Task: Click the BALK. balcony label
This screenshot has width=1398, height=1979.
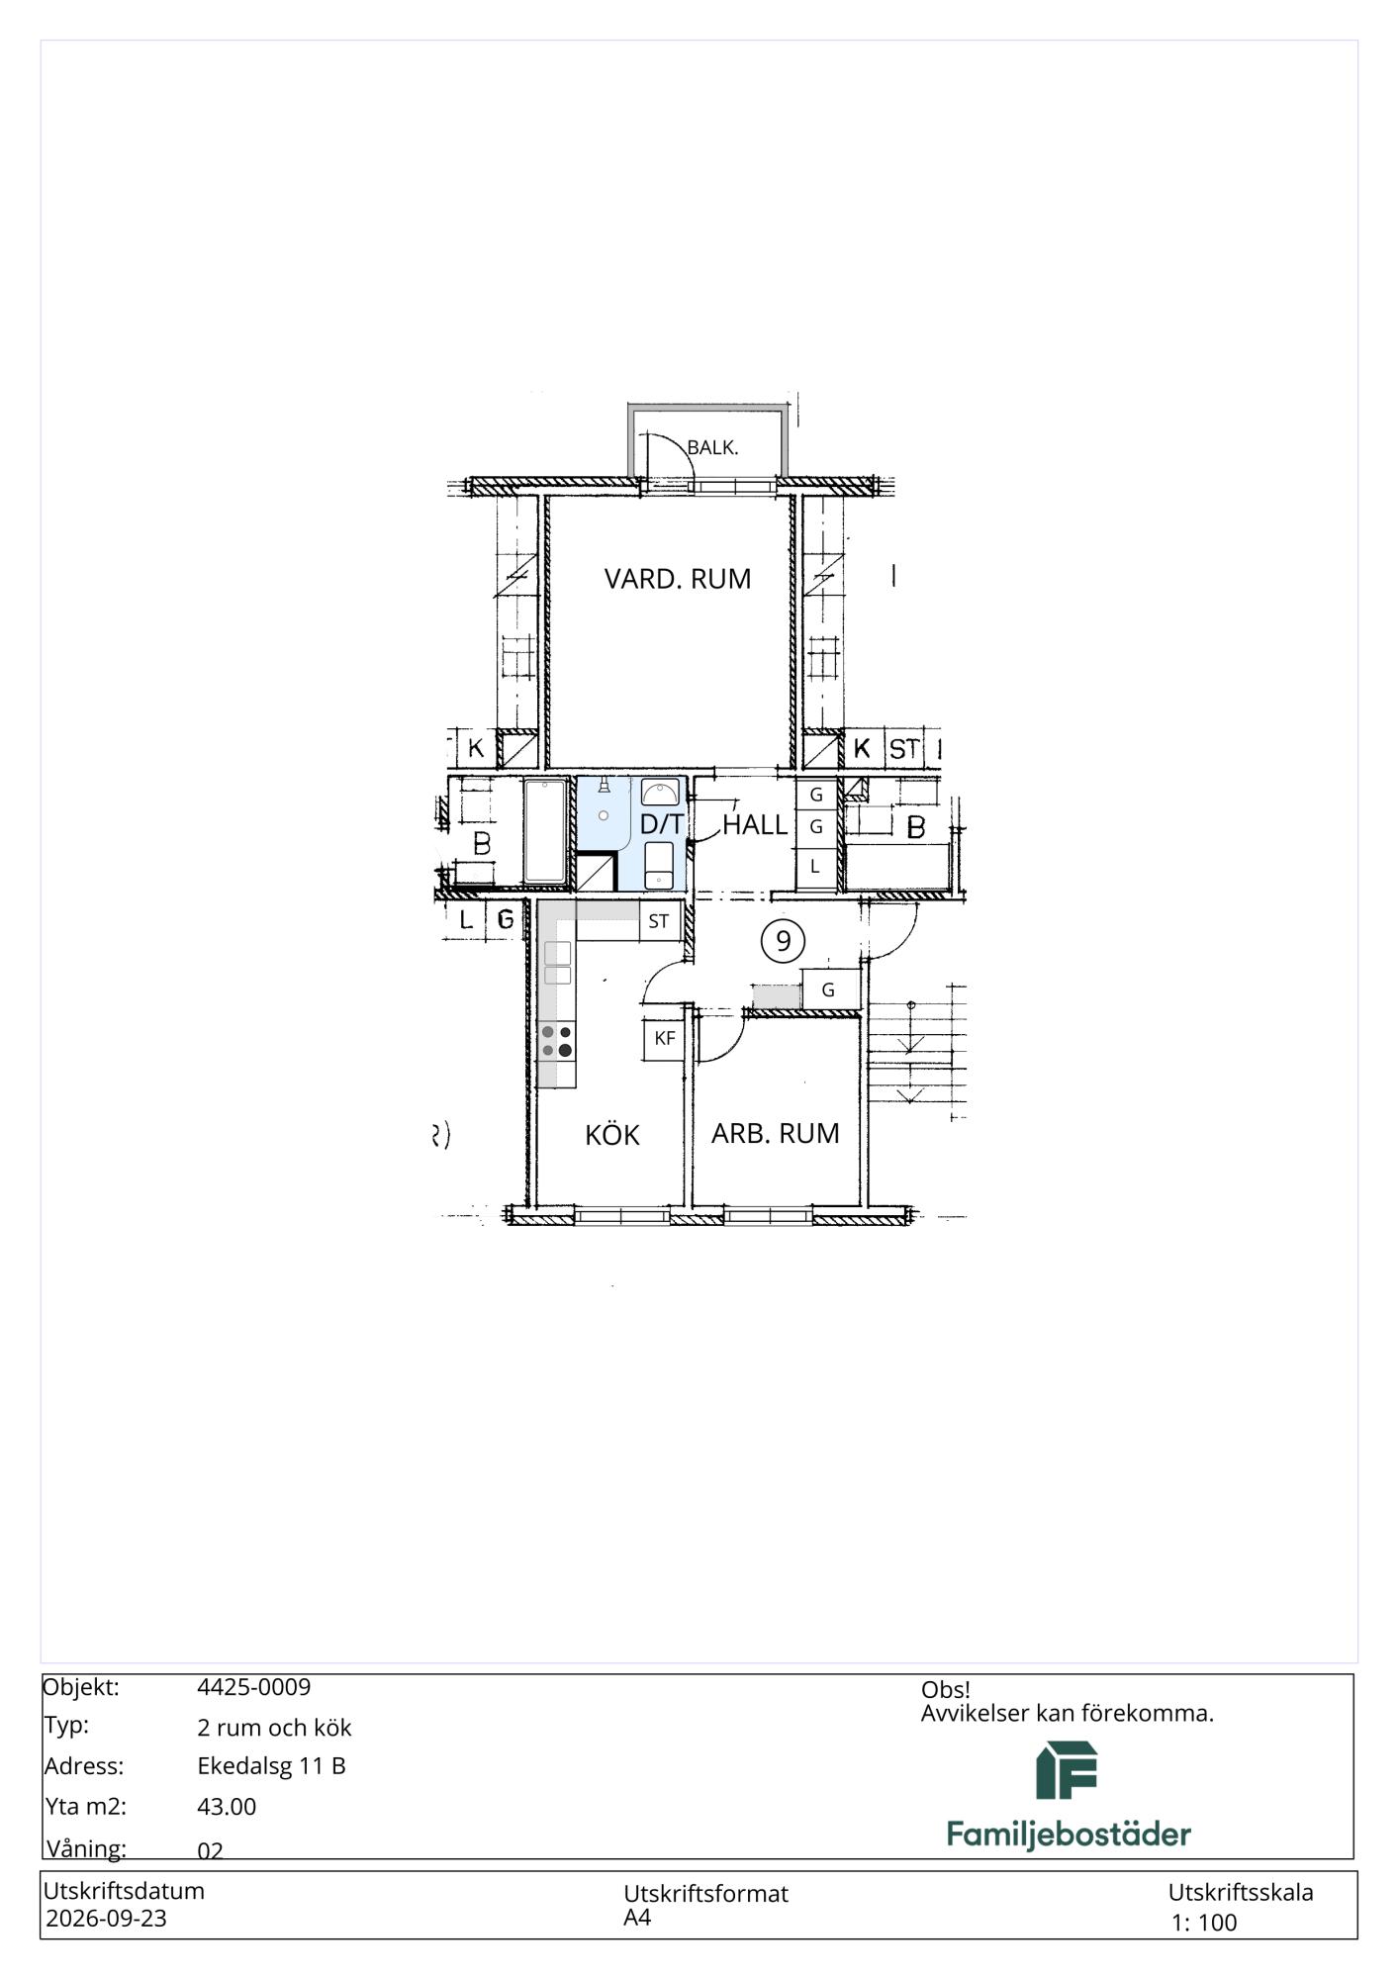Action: point(712,447)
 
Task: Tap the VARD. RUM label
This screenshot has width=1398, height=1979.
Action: point(678,579)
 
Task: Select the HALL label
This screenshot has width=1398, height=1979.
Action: point(755,824)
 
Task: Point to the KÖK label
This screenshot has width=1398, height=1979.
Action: point(612,1134)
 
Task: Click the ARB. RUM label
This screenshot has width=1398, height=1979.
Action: point(776,1133)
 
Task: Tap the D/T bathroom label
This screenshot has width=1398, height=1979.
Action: point(662,824)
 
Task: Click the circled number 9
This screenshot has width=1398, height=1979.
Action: point(783,940)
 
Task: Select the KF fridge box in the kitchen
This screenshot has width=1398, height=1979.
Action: point(665,1039)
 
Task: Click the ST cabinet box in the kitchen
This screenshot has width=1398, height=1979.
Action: point(659,921)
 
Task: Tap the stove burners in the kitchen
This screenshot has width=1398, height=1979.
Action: point(557,1041)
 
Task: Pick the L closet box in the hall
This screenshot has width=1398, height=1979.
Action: point(815,866)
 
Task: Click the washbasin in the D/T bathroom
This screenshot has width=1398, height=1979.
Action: point(659,792)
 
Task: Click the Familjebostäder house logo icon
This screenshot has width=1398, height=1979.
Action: point(1067,1770)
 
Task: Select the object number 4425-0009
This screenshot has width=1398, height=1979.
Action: point(254,1687)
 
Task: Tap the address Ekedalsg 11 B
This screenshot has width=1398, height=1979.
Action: point(271,1766)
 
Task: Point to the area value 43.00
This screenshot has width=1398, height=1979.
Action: point(227,1807)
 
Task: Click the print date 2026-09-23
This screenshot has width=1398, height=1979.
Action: point(107,1919)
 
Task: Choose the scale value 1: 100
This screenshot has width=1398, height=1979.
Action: point(1204,1923)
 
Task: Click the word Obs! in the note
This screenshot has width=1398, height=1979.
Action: point(946,1690)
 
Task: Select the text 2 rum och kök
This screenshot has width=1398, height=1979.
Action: point(274,1728)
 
